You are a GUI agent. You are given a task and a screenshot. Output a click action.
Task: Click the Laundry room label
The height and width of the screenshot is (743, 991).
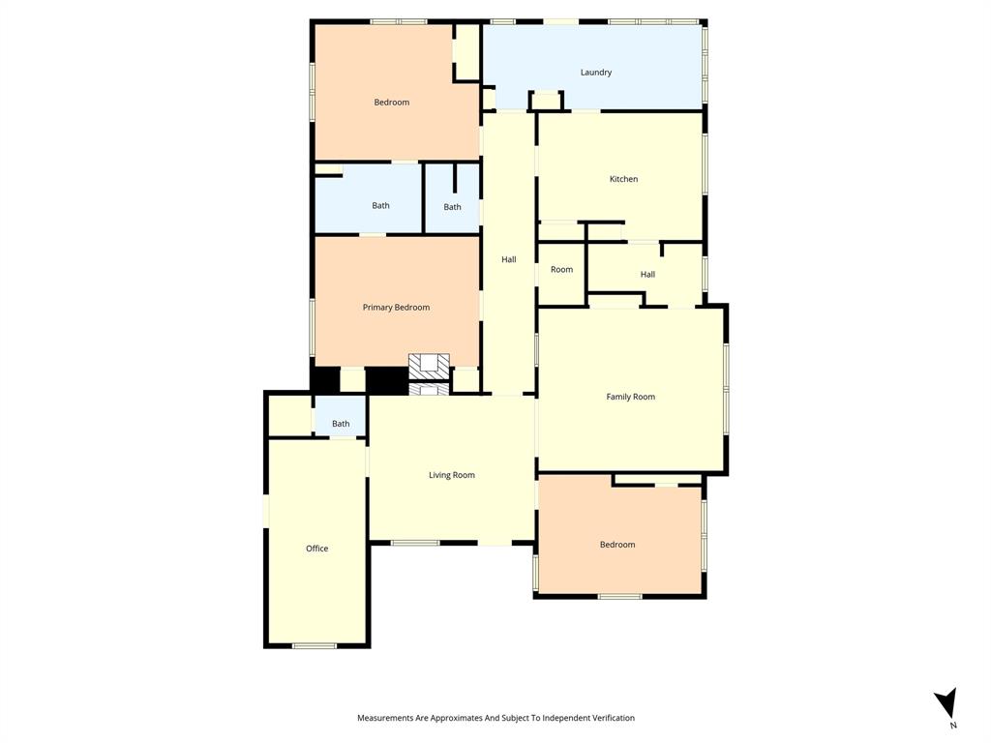click(596, 73)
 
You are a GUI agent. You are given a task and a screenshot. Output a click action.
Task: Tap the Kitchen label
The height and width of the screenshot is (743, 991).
click(623, 179)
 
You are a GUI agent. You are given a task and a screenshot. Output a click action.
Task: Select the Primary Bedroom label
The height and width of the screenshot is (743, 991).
click(396, 308)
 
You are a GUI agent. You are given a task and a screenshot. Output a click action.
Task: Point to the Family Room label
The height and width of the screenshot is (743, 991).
click(630, 397)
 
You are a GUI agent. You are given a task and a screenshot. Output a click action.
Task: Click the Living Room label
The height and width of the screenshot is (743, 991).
click(452, 475)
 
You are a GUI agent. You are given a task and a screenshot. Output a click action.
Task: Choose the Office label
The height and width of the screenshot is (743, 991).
click(316, 549)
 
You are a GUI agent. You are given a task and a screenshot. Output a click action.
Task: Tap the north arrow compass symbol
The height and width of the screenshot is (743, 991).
click(946, 701)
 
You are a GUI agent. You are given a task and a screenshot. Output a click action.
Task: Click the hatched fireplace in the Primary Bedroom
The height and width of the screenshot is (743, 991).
click(429, 366)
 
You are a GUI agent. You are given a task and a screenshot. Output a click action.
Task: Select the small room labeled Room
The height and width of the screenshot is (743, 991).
click(561, 270)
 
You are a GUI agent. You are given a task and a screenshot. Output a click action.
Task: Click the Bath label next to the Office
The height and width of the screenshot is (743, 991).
click(341, 424)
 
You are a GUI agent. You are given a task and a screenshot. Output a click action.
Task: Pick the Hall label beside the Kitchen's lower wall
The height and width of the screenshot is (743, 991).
click(647, 275)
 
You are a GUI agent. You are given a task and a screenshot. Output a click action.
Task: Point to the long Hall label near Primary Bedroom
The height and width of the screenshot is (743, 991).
click(508, 259)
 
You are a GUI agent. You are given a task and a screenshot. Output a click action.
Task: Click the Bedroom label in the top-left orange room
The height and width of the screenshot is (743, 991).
click(391, 103)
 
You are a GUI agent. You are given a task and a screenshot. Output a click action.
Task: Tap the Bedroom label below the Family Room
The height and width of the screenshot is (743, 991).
click(617, 545)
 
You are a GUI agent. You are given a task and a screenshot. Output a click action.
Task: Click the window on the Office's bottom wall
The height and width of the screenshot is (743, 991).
click(315, 645)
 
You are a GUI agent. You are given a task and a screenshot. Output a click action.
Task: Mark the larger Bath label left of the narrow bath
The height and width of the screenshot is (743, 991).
click(380, 205)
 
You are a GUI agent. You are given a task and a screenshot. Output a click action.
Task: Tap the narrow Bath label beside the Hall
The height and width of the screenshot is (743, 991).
click(452, 207)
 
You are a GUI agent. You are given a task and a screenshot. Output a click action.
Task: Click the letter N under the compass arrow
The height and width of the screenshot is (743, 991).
click(953, 725)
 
